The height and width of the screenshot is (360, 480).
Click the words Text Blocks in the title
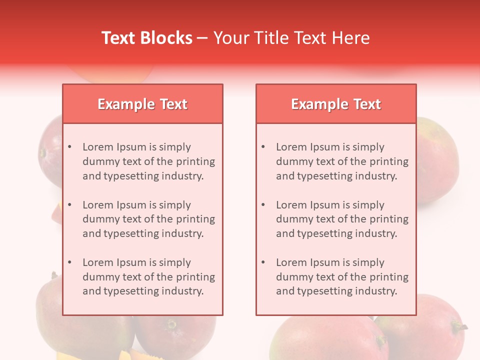coord(147,38)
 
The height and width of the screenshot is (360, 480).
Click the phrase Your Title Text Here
coord(291,38)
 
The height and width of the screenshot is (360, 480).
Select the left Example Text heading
coord(142,104)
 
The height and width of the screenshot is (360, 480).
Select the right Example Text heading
coord(336,104)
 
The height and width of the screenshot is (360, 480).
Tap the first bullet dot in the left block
coord(70,147)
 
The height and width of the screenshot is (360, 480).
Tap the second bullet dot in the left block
coord(70,205)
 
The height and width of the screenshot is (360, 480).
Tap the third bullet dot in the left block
coord(70,262)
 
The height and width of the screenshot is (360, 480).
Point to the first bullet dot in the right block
coord(263,147)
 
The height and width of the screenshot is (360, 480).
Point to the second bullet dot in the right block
coord(263,205)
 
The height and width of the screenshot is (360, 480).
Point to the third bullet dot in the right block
coord(263,262)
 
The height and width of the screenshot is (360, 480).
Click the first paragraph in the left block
coord(148,161)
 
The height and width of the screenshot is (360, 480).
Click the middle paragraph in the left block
coord(148,219)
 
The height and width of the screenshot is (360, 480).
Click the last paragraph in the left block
coord(148,277)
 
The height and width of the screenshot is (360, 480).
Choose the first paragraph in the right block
coord(342,161)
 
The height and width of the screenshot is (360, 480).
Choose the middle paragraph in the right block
coord(342,219)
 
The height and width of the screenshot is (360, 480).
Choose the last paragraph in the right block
coord(342,277)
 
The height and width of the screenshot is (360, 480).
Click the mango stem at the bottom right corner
coord(459,327)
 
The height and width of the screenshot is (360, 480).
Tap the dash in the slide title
coord(202,38)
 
